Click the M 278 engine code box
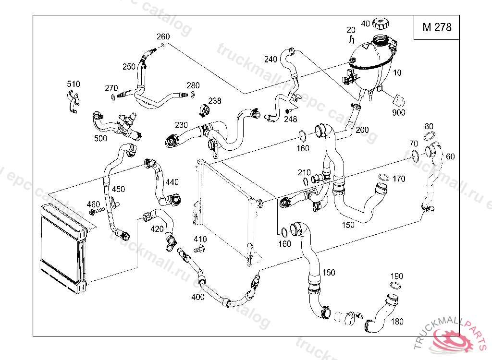(x=437, y=27)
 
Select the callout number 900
(x=399, y=113)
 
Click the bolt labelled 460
(x=97, y=211)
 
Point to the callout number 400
(x=197, y=297)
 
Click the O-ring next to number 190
(x=395, y=286)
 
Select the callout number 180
(x=397, y=322)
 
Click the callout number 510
(x=74, y=84)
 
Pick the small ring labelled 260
(x=162, y=45)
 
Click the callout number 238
(x=215, y=101)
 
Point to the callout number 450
(x=118, y=189)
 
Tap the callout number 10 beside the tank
(x=397, y=73)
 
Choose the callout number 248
(x=291, y=119)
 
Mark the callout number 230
(x=181, y=125)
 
